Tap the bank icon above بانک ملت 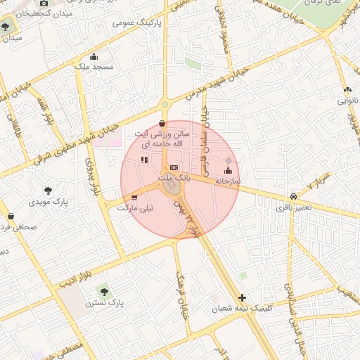pyautogui.click(x=174, y=167)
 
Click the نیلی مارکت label pyautogui.click(x=134, y=208)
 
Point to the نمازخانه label pyautogui.click(x=227, y=181)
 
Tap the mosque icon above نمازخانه pyautogui.click(x=227, y=169)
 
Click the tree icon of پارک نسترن pyautogui.click(x=105, y=290)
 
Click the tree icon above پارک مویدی pyautogui.click(x=48, y=190)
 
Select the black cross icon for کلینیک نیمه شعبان pyautogui.click(x=243, y=297)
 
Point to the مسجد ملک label pyautogui.click(x=95, y=67)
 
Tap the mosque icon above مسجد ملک pyautogui.click(x=94, y=56)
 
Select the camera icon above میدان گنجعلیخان pyautogui.click(x=43, y=4)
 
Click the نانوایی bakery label pyautogui.click(x=348, y=100)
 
